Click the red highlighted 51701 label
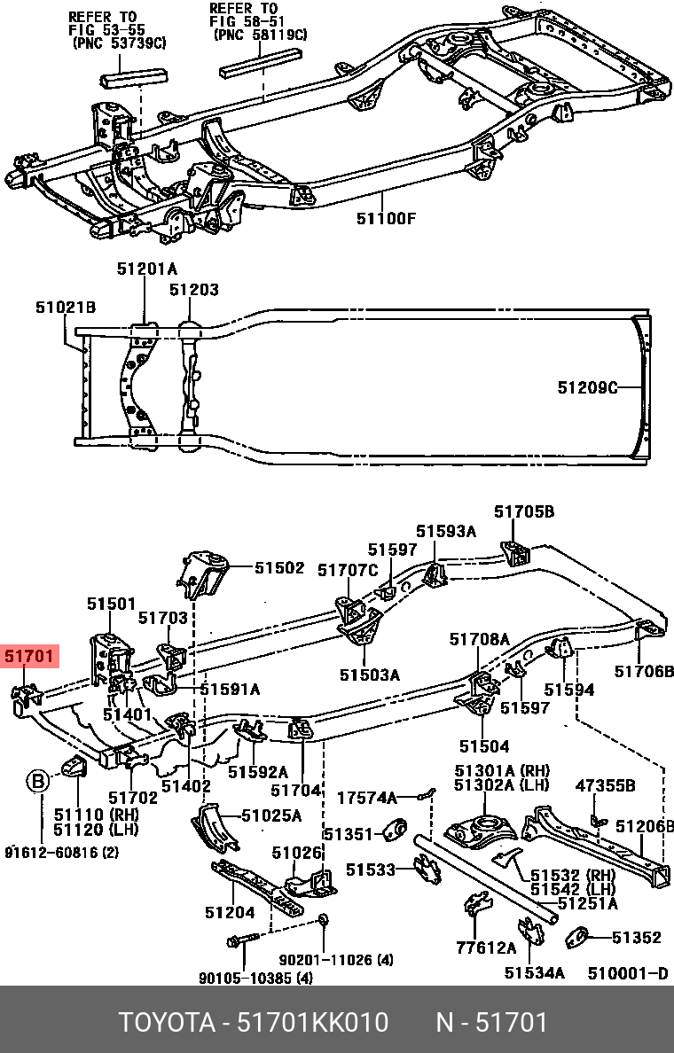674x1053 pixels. tap(29, 658)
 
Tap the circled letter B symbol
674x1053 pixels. tap(38, 781)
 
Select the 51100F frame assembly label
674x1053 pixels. tap(386, 218)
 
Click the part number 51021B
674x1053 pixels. tap(66, 308)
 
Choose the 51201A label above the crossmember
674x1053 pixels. tap(147, 269)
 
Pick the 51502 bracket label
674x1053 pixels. tap(279, 568)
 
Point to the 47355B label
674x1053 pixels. tap(605, 785)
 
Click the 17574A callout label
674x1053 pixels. tap(366, 798)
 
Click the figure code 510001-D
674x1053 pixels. tap(627, 972)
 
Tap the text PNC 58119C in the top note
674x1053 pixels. tap(260, 35)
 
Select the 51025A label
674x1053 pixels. tap(271, 815)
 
